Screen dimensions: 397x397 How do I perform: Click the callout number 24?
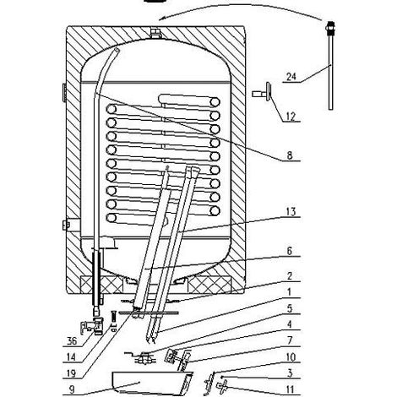tap(291, 76)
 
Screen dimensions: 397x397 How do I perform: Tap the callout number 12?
tap(291, 117)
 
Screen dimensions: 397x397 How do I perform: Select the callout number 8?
tap(290, 155)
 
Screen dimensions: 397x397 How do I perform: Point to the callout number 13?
tap(291, 211)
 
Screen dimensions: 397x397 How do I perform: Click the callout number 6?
tap(290, 251)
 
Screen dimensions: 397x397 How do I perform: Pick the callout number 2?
tap(290, 276)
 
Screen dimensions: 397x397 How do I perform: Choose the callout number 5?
tap(290, 308)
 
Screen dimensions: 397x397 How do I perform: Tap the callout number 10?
tap(291, 357)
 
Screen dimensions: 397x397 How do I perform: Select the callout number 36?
tap(72, 341)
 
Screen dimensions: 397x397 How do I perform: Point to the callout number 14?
tap(71, 357)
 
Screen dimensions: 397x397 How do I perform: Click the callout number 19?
tap(71, 373)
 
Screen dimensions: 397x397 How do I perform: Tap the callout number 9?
tap(72, 389)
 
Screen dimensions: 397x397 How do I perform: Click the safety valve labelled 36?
tap(92, 326)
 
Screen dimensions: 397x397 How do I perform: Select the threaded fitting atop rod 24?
tap(331, 28)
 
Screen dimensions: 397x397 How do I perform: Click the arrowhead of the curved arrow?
tap(162, 19)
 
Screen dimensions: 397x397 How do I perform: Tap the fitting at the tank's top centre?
tap(155, 33)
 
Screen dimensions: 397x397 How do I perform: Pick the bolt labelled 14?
tap(113, 321)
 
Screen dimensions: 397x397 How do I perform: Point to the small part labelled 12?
tap(263, 92)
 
